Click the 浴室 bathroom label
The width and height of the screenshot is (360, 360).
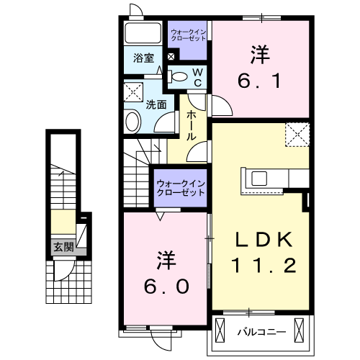click(143, 58)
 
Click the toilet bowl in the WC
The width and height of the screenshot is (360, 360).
click(179, 75)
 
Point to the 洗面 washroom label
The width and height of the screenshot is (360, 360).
click(157, 104)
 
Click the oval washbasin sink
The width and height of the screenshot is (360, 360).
click(132, 120)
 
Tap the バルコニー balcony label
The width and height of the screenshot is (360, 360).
click(261, 333)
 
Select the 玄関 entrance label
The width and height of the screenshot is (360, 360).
click(63, 247)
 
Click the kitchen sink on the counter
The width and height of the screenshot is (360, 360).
click(259, 178)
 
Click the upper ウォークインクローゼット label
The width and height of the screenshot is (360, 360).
click(189, 34)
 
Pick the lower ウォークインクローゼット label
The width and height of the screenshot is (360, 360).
click(180, 189)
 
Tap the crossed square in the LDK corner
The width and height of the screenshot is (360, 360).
click(296, 134)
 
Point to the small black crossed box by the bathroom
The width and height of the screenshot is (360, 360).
click(171, 56)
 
